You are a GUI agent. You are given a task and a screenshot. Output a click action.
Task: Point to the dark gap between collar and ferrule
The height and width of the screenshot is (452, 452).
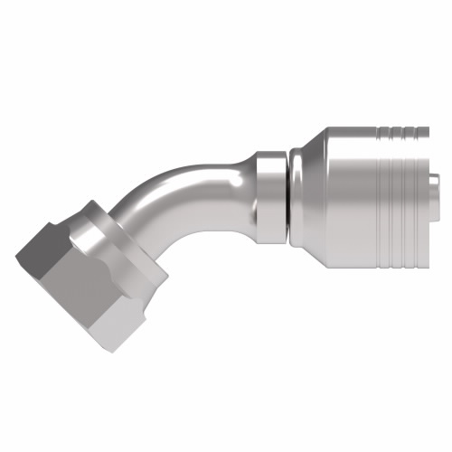pos(288,193)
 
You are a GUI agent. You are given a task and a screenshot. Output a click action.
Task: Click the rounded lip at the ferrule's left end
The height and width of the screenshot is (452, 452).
pos(297,194)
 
